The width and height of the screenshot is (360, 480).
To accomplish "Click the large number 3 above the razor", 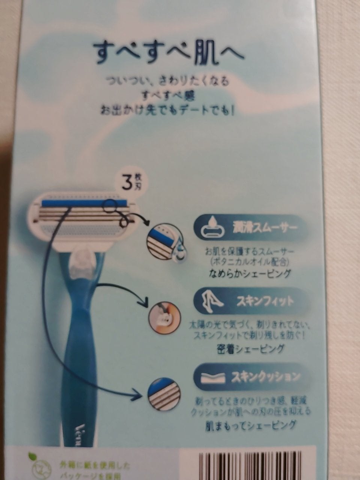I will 128,183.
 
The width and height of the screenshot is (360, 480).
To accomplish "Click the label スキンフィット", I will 265,301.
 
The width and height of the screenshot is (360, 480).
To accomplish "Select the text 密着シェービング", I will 250,349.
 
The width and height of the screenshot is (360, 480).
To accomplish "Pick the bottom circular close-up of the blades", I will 162,392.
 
